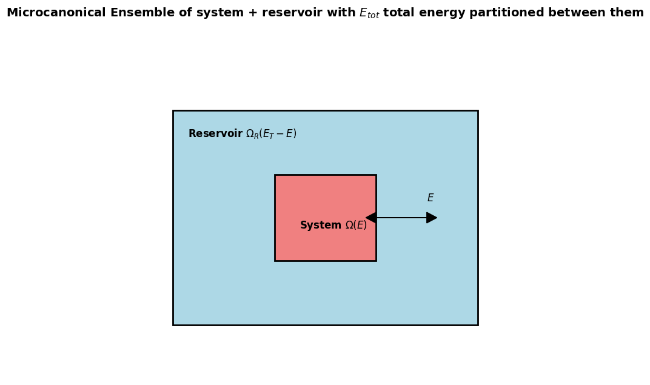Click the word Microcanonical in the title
56,13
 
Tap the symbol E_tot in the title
369,13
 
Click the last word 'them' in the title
627,13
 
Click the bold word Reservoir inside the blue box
215,133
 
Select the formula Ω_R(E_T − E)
271,134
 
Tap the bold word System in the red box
320,226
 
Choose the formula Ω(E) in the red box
356,226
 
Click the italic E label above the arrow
431,198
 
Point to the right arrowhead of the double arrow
432,218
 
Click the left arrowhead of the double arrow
370,218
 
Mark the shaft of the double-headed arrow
401,218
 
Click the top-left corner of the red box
275,175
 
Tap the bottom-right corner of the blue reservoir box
477,325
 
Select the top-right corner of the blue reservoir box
477,111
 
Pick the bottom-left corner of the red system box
275,261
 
